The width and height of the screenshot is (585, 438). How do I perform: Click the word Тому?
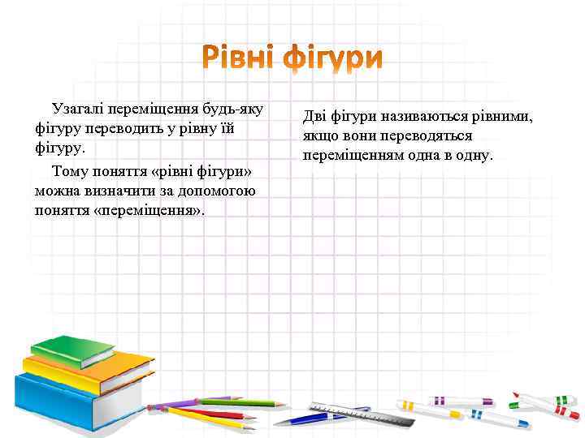pos(70,171)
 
